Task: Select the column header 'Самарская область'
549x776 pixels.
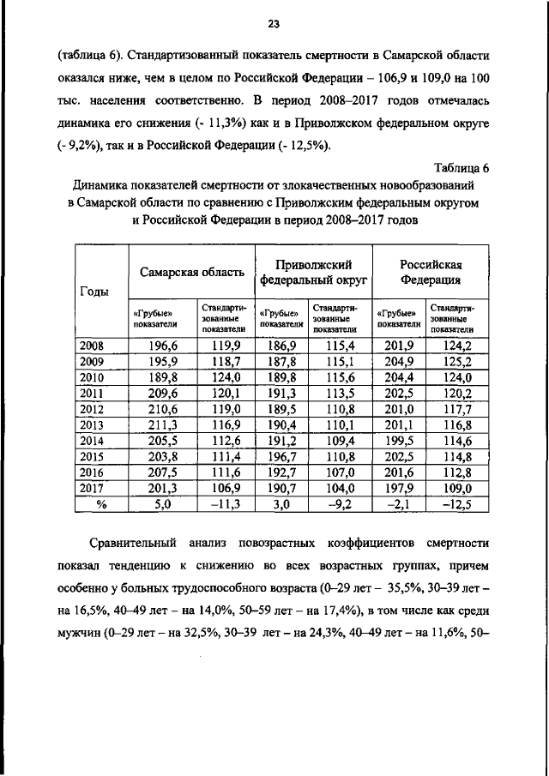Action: (192, 271)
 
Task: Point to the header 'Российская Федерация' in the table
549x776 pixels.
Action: (432, 271)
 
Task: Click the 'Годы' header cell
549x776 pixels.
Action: (94, 291)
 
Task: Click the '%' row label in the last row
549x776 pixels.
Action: (100, 504)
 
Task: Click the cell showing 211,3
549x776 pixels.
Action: (162, 423)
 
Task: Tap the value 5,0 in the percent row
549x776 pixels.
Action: (162, 504)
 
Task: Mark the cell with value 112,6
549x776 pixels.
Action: (222, 439)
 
